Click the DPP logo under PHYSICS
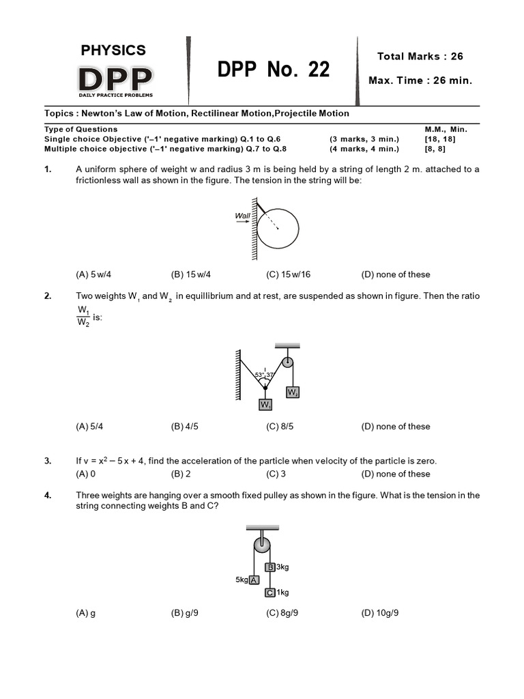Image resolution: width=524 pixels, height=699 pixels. click(x=115, y=80)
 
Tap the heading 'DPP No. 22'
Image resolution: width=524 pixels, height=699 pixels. click(x=273, y=69)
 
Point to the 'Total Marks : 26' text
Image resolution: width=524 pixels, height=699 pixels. click(x=420, y=56)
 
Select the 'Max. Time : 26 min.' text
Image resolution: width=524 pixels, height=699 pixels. click(x=420, y=81)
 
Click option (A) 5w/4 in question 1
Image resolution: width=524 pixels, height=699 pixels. click(x=93, y=274)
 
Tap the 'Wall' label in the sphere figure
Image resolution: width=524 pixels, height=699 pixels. click(x=242, y=216)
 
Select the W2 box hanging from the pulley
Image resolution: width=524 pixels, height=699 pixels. click(x=292, y=393)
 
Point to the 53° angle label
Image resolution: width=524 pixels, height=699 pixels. click(x=259, y=375)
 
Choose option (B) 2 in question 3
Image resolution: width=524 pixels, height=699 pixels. click(x=181, y=474)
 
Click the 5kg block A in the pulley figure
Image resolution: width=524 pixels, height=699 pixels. click(x=253, y=580)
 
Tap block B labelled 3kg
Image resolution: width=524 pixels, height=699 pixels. click(x=270, y=567)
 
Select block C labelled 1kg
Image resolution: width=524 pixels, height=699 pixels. click(x=270, y=593)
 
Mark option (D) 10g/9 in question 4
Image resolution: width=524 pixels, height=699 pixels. click(x=379, y=613)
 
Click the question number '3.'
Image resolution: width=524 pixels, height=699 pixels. click(x=48, y=461)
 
